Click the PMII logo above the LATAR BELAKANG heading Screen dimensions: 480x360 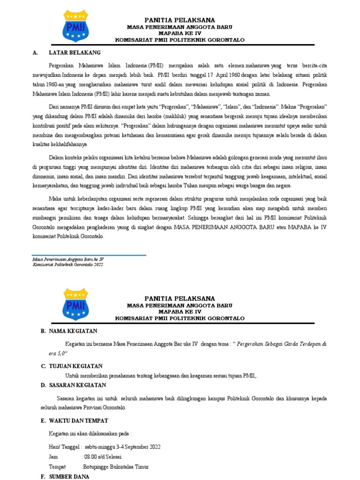tap(75, 26)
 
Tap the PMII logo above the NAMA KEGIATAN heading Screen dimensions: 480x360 tap(75, 304)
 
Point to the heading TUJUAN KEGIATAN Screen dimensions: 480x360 tap(75, 366)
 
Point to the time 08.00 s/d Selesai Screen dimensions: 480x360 tap(103, 456)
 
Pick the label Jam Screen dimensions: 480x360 tap(53, 456)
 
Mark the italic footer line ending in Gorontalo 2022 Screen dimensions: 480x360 tap(68, 264)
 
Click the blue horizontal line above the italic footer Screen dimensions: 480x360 tap(89, 255)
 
